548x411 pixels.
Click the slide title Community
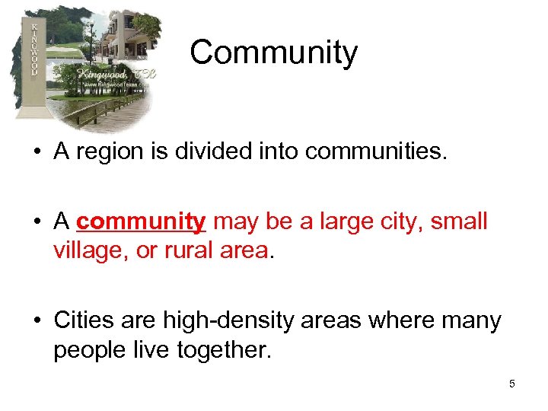[273, 53]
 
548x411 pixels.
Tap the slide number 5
[512, 384]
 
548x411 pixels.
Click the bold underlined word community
[141, 222]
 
